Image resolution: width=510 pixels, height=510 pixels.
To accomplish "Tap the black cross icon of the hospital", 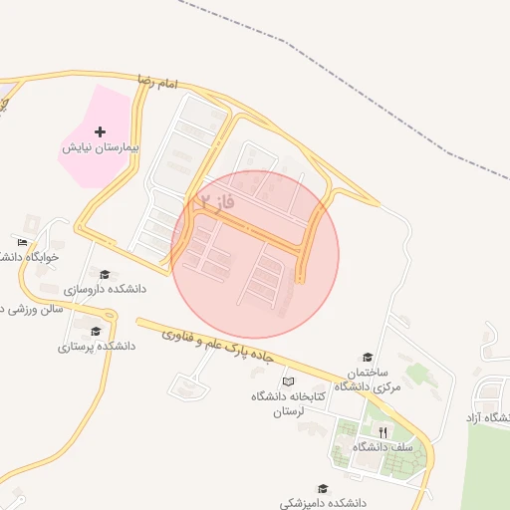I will click(x=100, y=131).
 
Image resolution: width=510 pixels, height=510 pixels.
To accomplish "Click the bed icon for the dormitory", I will click(x=23, y=242).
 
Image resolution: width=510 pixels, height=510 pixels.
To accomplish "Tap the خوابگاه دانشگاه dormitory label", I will click(x=28, y=256).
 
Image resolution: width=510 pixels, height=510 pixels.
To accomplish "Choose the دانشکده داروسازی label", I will click(x=105, y=289).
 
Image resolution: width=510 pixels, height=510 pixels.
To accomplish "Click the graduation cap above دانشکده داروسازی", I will click(x=105, y=274).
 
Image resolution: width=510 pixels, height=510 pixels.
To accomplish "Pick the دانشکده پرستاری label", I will click(x=96, y=347).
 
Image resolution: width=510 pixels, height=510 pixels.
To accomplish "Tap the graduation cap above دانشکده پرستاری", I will click(x=96, y=332).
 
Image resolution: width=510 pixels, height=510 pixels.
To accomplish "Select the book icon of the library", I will click(x=289, y=382).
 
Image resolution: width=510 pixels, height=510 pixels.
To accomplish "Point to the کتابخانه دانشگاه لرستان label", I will click(x=289, y=403).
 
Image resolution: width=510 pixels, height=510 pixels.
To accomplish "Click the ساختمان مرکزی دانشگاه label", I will click(x=368, y=379).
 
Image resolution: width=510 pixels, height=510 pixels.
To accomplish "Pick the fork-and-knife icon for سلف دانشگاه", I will click(x=382, y=432).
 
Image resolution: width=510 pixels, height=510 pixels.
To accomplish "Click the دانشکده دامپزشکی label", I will click(x=323, y=504).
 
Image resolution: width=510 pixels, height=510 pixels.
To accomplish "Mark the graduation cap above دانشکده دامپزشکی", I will click(x=323, y=489).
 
